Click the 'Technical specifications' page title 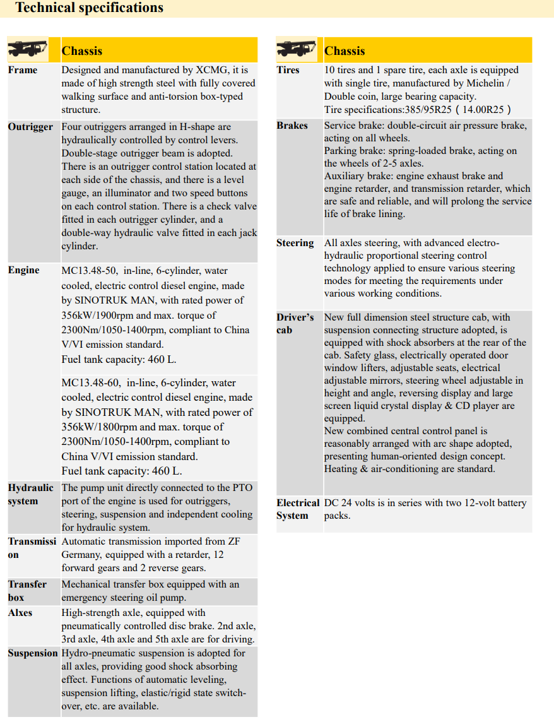click(89, 8)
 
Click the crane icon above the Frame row click(27, 49)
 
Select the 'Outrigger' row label click(30, 127)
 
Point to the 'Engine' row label click(23, 270)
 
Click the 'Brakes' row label click(292, 126)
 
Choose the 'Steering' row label click(295, 243)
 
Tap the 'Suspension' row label click(32, 653)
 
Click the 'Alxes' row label click(20, 613)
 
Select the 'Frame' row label click(23, 70)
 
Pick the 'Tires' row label click(288, 70)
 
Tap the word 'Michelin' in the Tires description click(487, 83)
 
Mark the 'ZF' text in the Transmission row click(233, 541)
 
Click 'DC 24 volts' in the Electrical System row click(350, 503)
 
